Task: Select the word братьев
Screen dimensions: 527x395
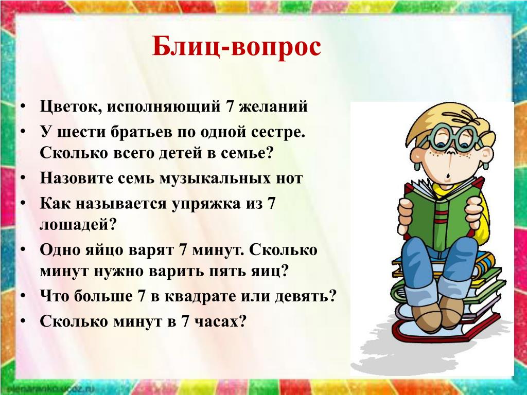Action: (x=144, y=133)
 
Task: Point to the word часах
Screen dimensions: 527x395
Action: (x=215, y=321)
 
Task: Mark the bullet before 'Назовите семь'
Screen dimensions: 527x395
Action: (x=23, y=178)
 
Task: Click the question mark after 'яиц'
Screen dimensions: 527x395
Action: (x=284, y=271)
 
